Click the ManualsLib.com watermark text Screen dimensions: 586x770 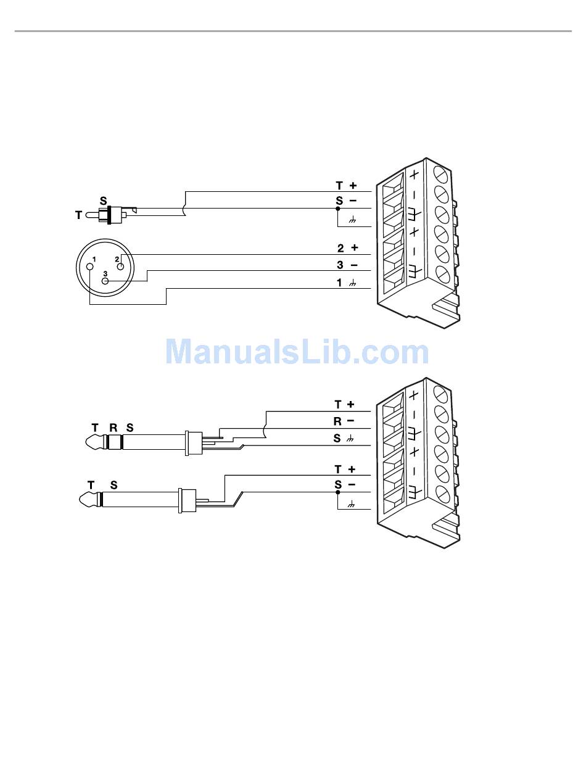[297, 352]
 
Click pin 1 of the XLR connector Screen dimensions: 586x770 [90, 267]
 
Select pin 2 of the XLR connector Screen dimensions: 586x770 [121, 267]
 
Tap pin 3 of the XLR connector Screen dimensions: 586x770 [105, 281]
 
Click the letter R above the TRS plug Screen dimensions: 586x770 [113, 427]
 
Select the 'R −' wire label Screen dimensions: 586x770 [344, 421]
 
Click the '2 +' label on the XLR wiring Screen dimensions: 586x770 [347, 248]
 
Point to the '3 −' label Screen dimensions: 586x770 [347, 265]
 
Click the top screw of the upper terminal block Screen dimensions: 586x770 [440, 173]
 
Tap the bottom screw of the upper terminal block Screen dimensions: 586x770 [440, 272]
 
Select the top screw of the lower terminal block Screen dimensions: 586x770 [440, 393]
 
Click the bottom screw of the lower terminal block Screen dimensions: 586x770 [440, 493]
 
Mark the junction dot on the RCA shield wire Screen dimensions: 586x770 [337, 209]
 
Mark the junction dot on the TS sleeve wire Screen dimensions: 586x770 [337, 492]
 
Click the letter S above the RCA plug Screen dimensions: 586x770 [103, 201]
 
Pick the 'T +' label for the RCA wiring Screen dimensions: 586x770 [346, 185]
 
